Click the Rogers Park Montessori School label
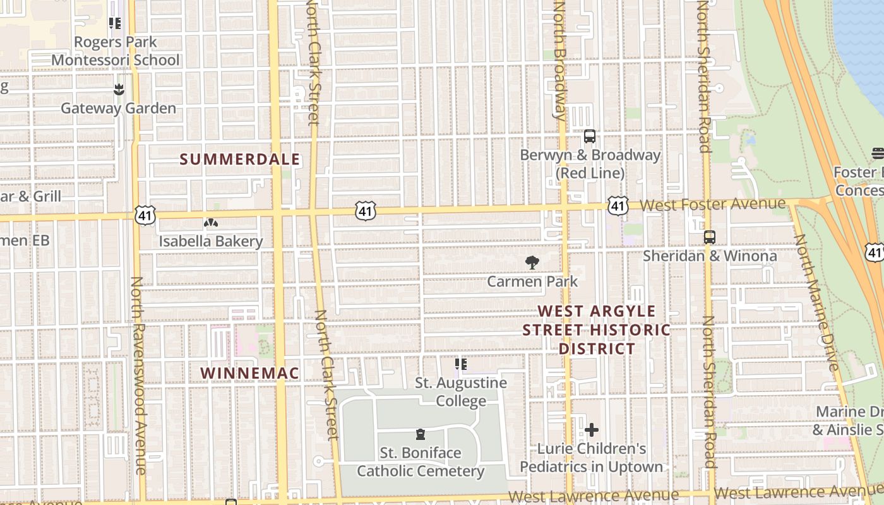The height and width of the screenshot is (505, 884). click(116, 51)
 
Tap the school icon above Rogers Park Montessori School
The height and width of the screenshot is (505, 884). click(115, 24)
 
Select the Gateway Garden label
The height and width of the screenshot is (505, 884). click(118, 108)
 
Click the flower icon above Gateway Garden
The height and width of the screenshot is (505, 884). click(119, 90)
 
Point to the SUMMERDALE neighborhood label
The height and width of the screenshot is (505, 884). click(240, 160)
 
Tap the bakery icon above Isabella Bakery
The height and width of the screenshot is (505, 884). click(210, 223)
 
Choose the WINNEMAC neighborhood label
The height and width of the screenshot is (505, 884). click(249, 373)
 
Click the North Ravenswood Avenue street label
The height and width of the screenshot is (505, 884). click(139, 376)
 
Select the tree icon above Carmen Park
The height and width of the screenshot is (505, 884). click(532, 263)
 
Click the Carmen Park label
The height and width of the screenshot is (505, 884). click(532, 282)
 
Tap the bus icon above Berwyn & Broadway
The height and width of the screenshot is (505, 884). click(590, 136)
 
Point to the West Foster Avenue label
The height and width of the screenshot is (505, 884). click(713, 205)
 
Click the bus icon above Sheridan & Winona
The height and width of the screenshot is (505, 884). click(710, 237)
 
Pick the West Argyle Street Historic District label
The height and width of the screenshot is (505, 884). click(597, 330)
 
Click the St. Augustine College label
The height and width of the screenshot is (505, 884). click(461, 392)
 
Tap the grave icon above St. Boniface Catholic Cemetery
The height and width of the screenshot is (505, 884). click(421, 434)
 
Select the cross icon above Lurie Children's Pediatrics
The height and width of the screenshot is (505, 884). click(592, 431)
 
